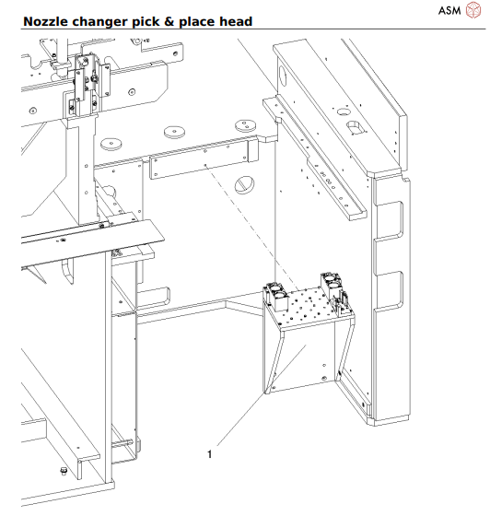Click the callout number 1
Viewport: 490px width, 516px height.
[x=211, y=454]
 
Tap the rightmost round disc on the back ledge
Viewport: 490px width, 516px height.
[x=244, y=124]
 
